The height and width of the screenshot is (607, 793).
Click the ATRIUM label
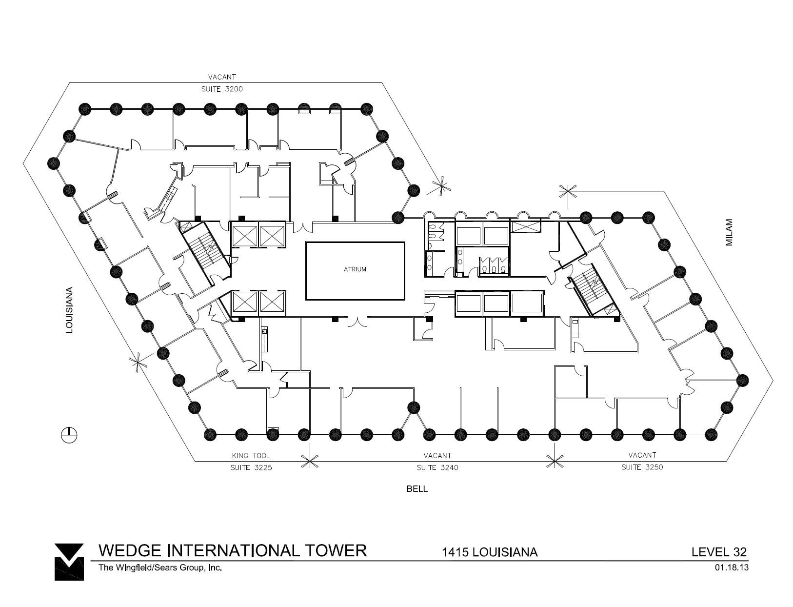355,269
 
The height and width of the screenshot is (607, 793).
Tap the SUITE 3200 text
222,89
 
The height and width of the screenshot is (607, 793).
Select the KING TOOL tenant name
251,456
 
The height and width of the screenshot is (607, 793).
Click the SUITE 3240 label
437,467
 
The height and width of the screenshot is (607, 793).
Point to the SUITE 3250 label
642,467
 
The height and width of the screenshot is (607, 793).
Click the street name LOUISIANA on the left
70,310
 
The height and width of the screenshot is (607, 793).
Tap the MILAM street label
729,232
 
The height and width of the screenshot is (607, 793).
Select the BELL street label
417,489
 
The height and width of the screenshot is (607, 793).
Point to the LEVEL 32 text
719,552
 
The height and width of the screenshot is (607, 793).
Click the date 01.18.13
732,567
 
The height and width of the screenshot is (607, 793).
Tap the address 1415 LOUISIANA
489,552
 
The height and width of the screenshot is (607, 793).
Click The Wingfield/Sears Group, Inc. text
160,567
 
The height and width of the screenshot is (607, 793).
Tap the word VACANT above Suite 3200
222,77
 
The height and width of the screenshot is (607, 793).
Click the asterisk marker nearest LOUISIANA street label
138,362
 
